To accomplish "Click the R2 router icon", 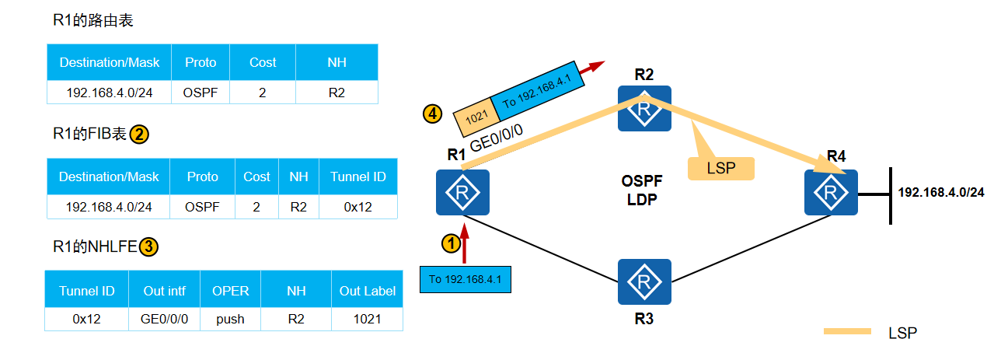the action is (644, 108).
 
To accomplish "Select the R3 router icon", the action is (644, 282).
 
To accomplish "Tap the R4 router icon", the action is (831, 193).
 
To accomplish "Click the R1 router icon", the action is (462, 193).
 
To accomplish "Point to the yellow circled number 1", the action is (452, 243).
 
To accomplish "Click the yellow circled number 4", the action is (433, 114).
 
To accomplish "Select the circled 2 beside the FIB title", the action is (139, 135).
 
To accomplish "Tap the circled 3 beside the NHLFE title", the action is (148, 247).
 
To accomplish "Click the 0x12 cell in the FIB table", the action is (358, 207).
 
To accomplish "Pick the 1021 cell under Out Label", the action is (367, 319).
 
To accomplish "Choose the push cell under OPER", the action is (230, 319).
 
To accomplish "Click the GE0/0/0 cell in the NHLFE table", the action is (164, 319).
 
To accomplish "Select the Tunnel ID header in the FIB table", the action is (358, 177).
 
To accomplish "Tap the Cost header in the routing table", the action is (263, 62).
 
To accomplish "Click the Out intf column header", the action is (164, 291).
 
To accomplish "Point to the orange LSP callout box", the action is (720, 168).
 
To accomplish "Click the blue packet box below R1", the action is (466, 280).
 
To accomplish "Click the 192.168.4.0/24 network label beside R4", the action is (941, 192).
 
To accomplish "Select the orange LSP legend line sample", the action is (847, 331).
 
